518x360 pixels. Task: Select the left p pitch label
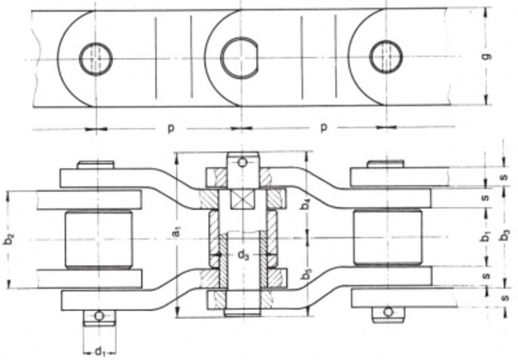170,127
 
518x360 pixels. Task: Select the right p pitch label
324,127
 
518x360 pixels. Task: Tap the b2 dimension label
9,240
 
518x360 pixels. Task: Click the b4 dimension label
307,203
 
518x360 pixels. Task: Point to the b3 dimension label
506,236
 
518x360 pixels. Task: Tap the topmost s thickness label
505,177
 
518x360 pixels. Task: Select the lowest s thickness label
505,298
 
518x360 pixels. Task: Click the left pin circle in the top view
96,59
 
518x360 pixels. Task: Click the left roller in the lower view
98,238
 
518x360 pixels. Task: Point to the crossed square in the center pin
241,199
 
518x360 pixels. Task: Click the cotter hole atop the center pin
242,163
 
